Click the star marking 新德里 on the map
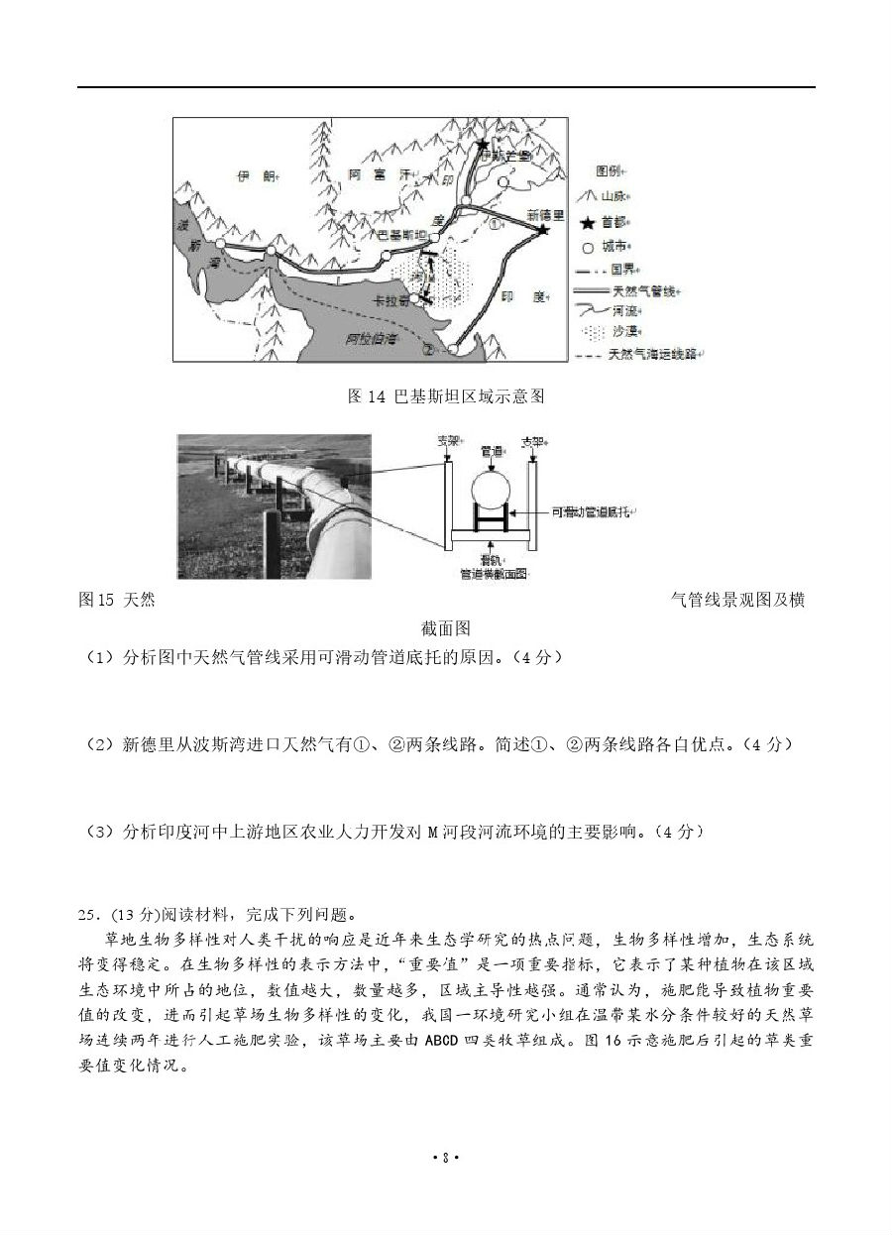[x=543, y=230]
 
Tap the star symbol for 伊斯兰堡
[x=483, y=145]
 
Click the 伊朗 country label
[x=252, y=176]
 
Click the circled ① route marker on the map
[x=498, y=223]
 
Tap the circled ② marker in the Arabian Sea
[x=428, y=349]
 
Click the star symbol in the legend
[x=588, y=223]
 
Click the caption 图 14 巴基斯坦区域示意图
[x=446, y=396]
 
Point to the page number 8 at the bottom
[x=446, y=1183]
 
